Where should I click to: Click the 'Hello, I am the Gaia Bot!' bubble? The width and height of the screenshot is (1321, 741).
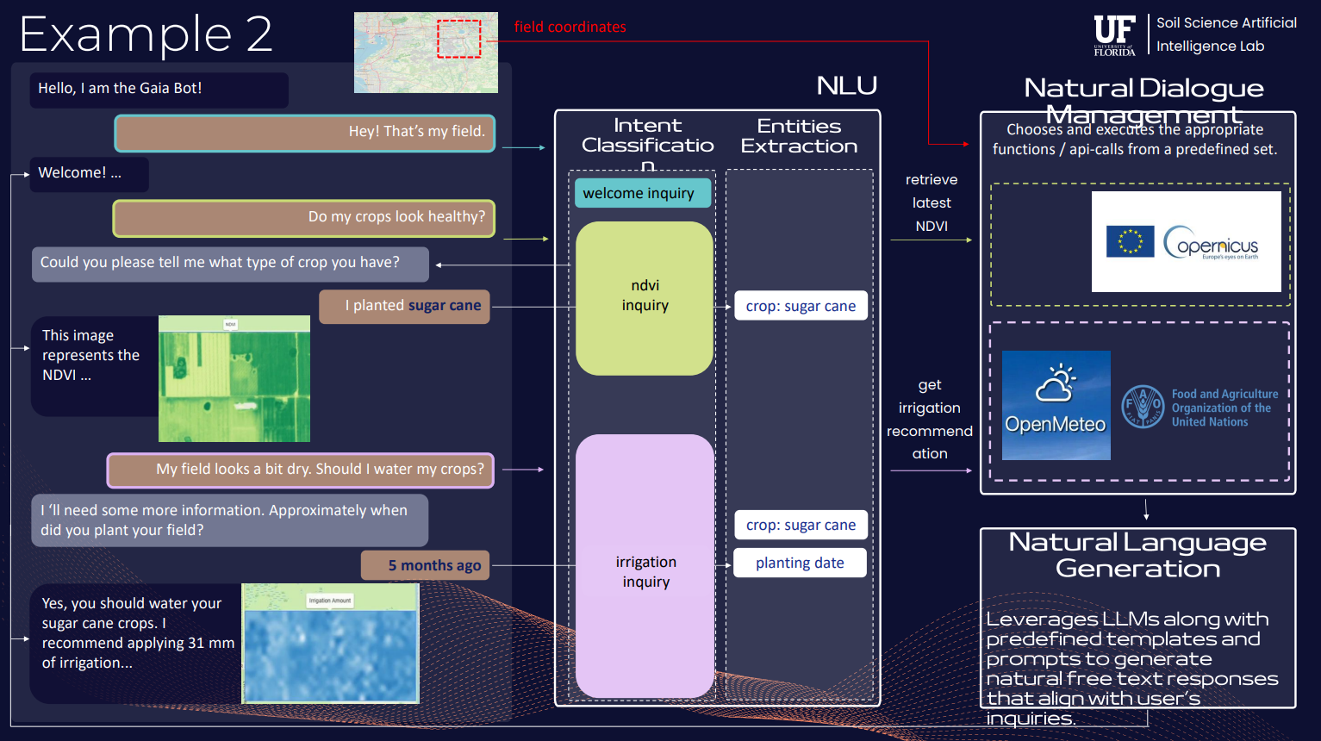coord(159,90)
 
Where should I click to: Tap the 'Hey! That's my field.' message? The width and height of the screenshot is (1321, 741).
coord(305,133)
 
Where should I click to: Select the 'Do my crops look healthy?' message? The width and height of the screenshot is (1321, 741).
coord(304,218)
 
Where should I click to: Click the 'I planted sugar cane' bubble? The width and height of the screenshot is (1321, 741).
coord(404,307)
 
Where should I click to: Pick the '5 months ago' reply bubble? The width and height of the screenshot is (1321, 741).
coord(426,566)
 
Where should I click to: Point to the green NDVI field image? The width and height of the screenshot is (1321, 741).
coord(234,379)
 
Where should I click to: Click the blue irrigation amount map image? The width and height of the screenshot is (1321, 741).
coord(331,644)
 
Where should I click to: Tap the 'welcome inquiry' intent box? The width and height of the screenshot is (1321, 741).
coord(643,193)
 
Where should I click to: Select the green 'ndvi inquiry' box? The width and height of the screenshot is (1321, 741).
coord(645,297)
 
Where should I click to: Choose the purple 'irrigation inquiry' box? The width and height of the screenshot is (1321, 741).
coord(645,566)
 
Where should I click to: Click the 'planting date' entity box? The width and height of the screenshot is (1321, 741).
coord(800,563)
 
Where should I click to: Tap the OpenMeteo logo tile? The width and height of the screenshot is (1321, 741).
coord(1056,405)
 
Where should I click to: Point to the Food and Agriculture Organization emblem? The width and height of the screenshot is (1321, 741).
coord(1143,407)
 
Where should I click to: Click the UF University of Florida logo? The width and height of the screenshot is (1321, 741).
coord(1114,35)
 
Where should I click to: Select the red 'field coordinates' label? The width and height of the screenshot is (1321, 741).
coord(570,27)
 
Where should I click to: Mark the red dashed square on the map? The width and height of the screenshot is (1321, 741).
coord(458,39)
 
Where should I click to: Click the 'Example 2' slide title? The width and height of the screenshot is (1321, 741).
coord(146,34)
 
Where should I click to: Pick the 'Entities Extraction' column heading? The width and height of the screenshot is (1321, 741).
coord(799,136)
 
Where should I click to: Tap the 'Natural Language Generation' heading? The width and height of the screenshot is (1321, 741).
coord(1137,555)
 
